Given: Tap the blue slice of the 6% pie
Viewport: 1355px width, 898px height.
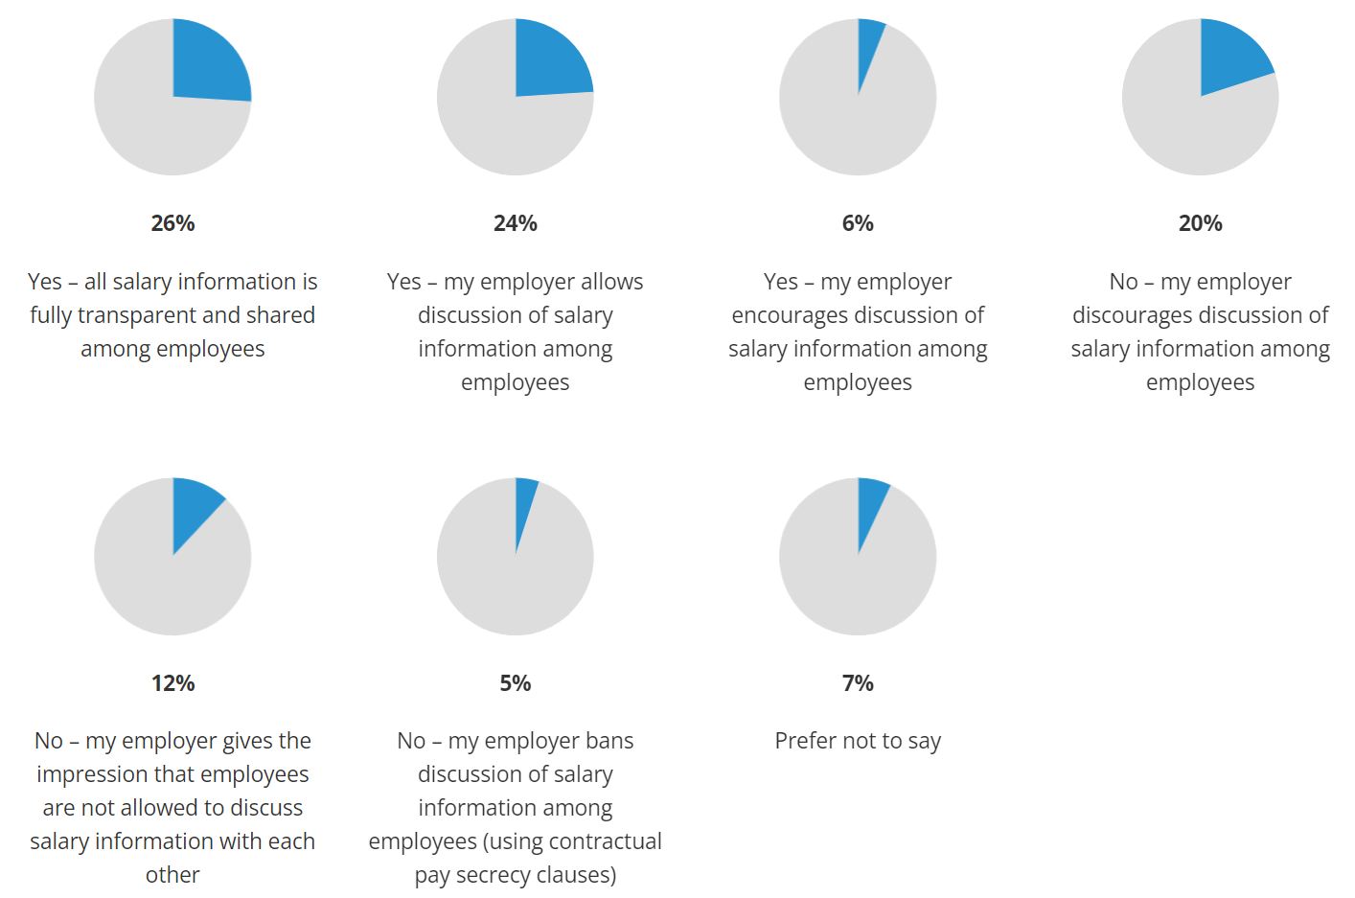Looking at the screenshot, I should tap(868, 43).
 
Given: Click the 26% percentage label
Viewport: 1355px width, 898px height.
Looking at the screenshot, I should tap(172, 223).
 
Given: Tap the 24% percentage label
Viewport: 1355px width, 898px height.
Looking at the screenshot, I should tap(516, 223).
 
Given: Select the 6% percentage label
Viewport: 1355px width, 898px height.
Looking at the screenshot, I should tap(858, 223).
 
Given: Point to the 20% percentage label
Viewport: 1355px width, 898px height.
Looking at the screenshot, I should tap(1200, 223).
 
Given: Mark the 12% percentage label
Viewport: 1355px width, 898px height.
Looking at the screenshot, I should tap(172, 683).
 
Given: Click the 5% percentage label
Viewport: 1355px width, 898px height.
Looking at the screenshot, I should tap(516, 683).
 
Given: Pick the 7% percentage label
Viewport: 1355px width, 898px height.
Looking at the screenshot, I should tap(858, 683).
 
